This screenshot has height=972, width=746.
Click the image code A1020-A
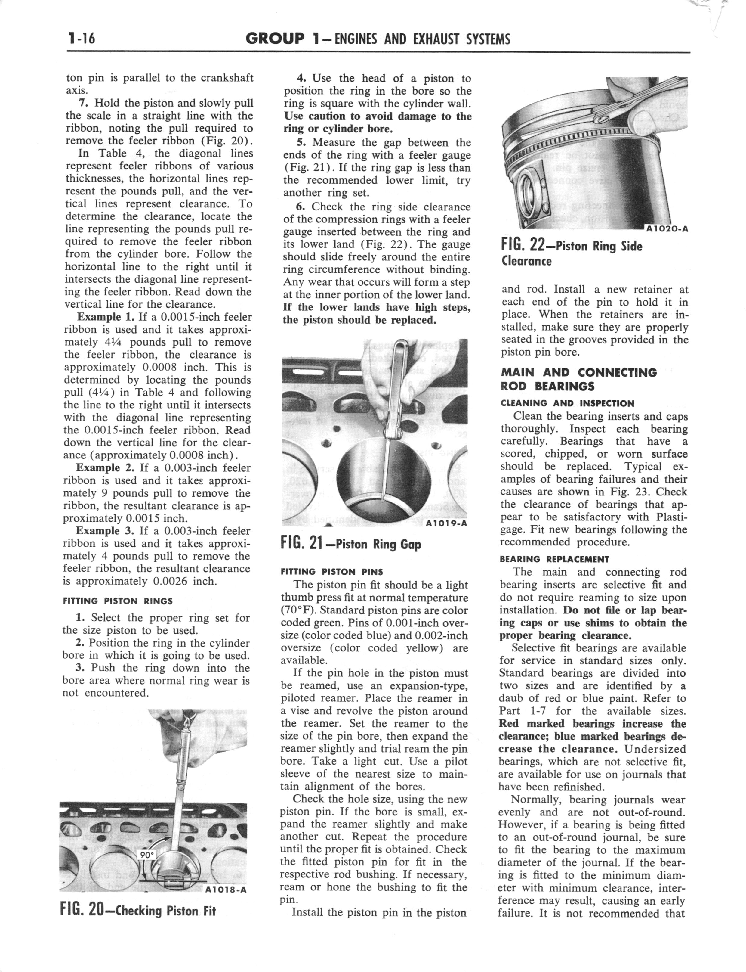click(x=666, y=229)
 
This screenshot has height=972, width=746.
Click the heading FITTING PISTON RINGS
click(x=118, y=601)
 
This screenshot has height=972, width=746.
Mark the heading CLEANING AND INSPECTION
click(x=568, y=403)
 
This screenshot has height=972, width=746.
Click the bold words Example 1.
click(x=106, y=317)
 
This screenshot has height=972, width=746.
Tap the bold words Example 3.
click(x=106, y=531)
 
